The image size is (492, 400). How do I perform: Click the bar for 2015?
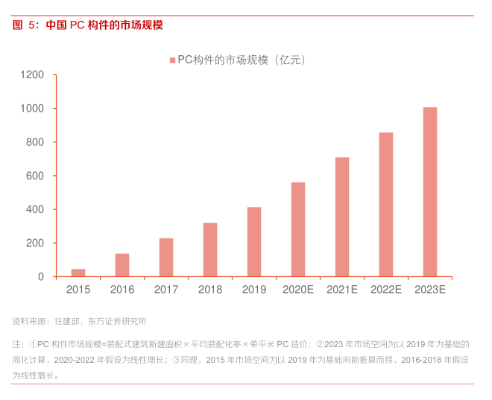[78, 273]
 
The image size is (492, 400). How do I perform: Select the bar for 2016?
[122, 265]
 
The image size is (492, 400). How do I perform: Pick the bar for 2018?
[210, 250]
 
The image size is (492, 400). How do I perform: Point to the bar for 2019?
[254, 242]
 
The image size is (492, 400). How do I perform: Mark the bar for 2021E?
[342, 217]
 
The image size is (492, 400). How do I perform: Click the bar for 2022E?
[386, 205]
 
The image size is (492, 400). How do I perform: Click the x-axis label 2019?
[254, 290]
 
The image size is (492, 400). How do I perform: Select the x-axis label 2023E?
[430, 290]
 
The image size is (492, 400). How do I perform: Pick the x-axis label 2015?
[78, 290]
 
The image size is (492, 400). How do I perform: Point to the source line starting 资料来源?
[79, 322]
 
